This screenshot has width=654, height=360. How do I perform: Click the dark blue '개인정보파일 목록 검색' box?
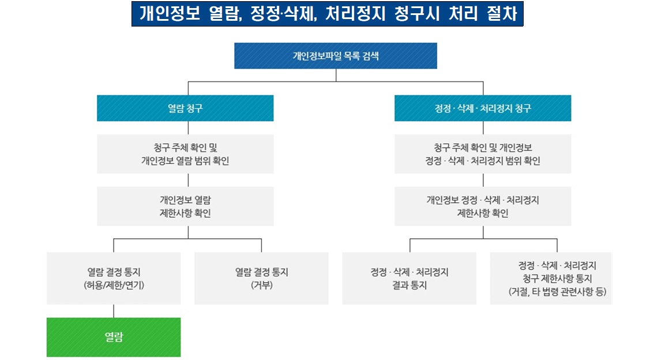pos(336,56)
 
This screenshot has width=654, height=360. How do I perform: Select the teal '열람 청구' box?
pos(185,108)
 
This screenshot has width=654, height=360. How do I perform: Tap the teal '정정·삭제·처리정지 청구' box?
pos(483,108)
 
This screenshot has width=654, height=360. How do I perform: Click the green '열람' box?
pos(114,337)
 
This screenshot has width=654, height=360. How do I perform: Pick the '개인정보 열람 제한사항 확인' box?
pos(185,206)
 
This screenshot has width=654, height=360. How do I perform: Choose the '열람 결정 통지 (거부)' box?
pos(261,278)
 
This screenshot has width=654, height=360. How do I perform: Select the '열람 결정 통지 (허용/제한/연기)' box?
pos(114,278)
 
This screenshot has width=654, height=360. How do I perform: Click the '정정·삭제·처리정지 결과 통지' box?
pos(409,278)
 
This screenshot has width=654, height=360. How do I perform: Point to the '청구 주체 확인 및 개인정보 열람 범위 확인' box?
pos(185,154)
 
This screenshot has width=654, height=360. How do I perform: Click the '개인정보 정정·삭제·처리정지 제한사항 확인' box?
pos(483,206)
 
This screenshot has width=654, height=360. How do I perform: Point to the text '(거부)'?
pos(261,284)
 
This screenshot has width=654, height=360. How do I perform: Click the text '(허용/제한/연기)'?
pos(114,284)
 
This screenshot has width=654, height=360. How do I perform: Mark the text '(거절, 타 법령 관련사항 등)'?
pos(557,291)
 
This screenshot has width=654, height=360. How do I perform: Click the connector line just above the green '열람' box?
pos(114,311)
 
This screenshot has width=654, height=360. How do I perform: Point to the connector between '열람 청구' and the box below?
pos(185,127)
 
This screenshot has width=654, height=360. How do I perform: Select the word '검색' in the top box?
pos(370,56)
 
